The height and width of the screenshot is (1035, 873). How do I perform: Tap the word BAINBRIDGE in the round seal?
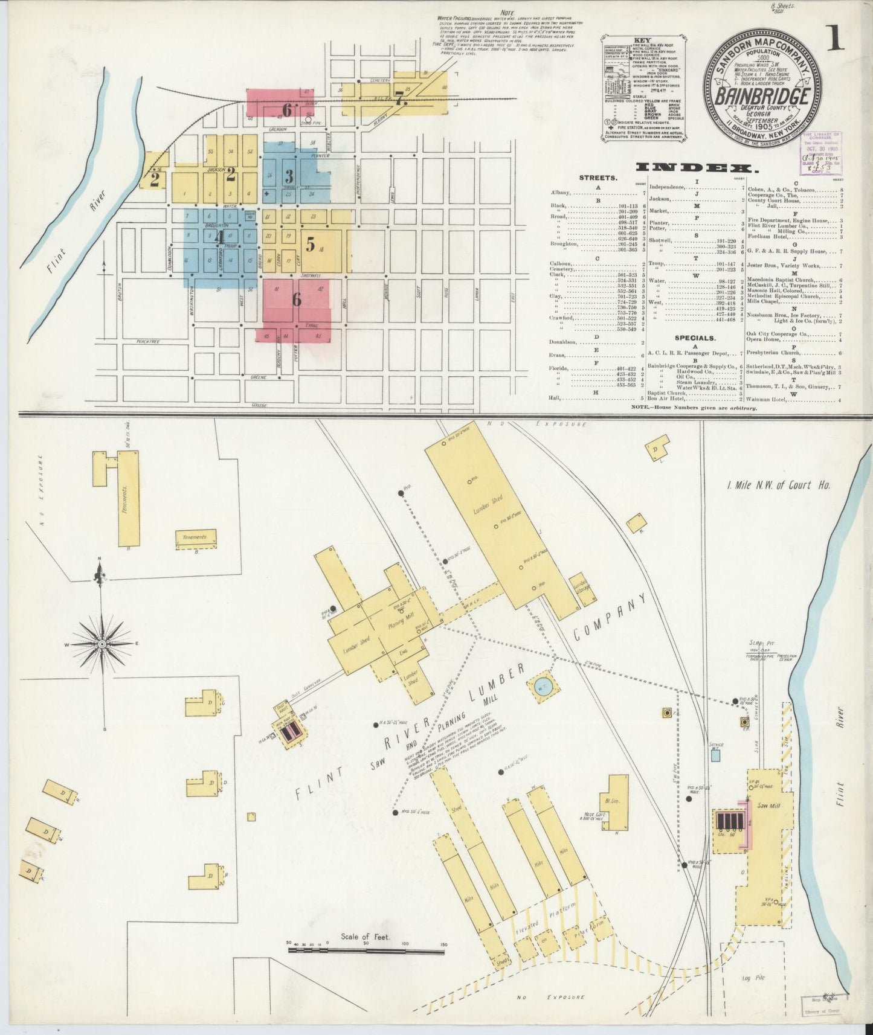[763, 96]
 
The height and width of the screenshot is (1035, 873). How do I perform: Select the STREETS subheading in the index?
[598, 178]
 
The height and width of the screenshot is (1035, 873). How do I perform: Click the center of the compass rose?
[103, 644]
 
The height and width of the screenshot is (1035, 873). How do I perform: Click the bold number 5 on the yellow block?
[310, 245]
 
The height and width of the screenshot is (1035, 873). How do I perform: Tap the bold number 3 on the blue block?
[289, 176]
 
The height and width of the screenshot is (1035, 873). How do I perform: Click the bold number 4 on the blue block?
[220, 236]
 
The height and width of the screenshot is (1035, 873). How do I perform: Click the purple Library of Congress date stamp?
[821, 152]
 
